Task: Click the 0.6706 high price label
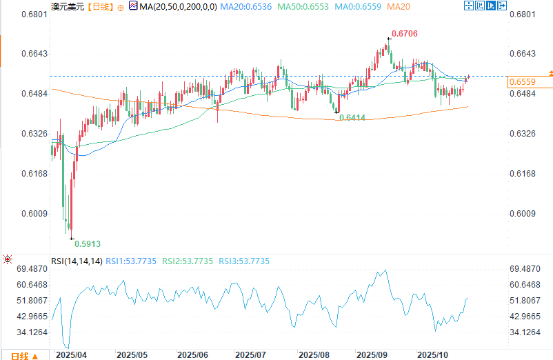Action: [404, 34]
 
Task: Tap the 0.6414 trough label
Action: [352, 119]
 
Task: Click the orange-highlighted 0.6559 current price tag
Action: [522, 82]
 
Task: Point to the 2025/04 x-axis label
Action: [72, 354]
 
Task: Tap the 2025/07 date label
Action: [250, 354]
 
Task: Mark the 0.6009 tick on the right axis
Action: [522, 213]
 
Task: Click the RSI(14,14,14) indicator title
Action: [77, 261]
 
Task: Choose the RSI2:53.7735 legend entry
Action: [188, 261]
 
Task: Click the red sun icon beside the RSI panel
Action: [7, 260]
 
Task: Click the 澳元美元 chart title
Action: [68, 6]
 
